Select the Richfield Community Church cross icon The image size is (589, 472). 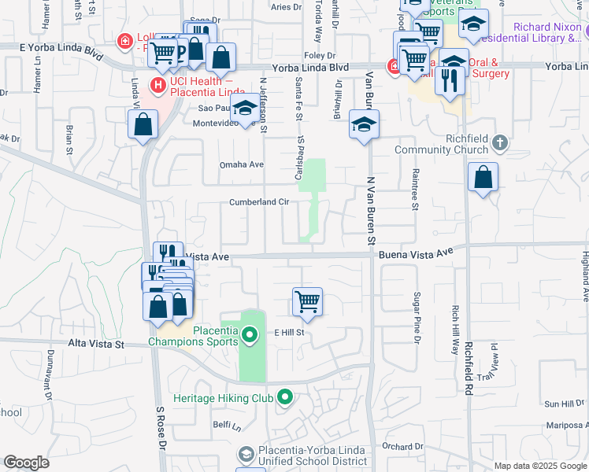click(x=499, y=142)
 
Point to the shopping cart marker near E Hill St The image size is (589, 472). click(x=307, y=301)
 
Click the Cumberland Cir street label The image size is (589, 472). click(x=259, y=202)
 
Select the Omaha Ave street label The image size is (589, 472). click(x=241, y=164)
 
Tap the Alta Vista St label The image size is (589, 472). click(x=97, y=344)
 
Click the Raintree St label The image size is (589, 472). click(x=414, y=189)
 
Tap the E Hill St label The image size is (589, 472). click(x=289, y=333)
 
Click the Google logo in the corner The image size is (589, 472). click(x=26, y=463)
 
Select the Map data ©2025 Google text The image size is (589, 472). click(x=540, y=466)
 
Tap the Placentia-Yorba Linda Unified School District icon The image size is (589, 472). click(x=246, y=454)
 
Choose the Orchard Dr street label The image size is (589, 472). click(x=404, y=447)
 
